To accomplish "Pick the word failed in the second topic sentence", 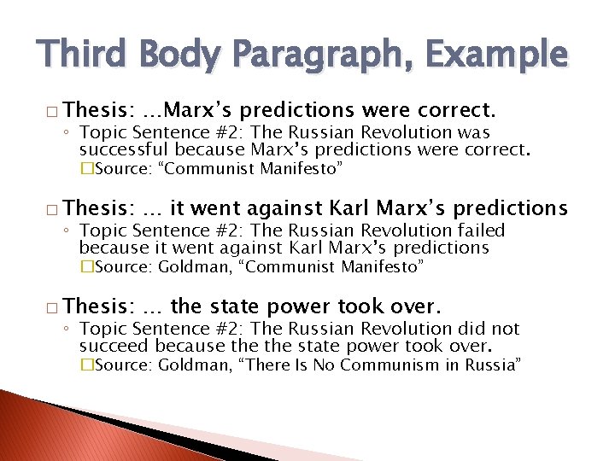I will (479, 230).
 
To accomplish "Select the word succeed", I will (114, 347).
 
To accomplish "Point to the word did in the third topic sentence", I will (465, 329).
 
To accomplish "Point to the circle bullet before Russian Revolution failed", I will (70, 231).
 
